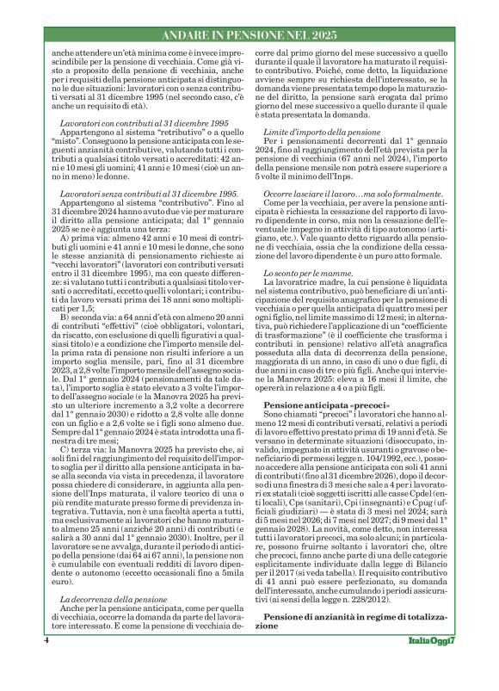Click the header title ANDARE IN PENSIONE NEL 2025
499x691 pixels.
pos(249,36)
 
